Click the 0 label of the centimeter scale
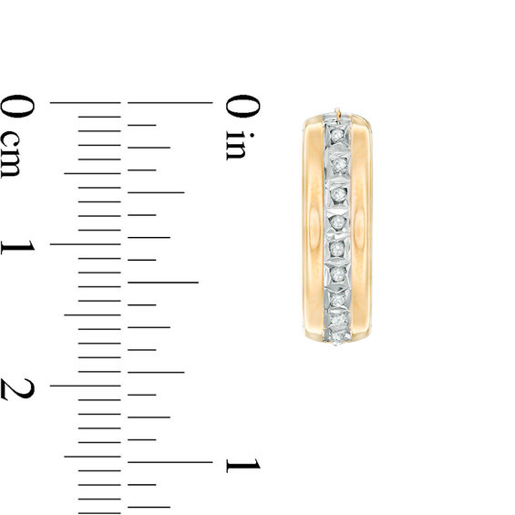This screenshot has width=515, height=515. (x=16, y=106)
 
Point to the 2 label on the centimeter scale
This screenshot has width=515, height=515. (x=17, y=389)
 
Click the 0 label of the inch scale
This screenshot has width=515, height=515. (x=242, y=106)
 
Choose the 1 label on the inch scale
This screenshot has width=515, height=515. (x=242, y=465)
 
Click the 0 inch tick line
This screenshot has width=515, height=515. (x=170, y=103)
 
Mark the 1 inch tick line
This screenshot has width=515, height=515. (x=170, y=462)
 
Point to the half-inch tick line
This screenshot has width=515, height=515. (x=163, y=283)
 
